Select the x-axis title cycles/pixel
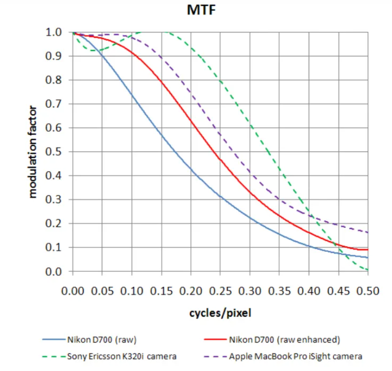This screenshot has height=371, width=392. coord(220,313)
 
